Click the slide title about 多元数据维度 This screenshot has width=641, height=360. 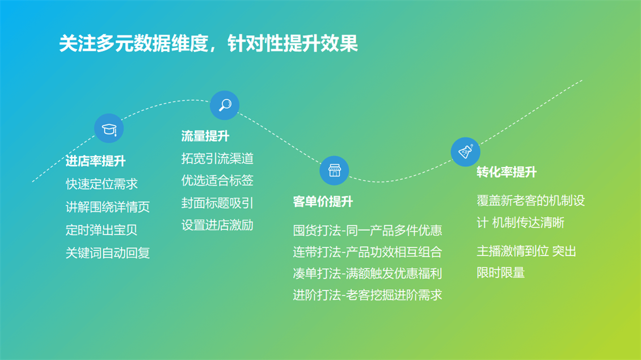pos(209,43)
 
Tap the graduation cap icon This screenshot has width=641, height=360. pos(109,129)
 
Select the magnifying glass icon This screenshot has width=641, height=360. pos(225,105)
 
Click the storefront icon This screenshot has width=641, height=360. pos(334,171)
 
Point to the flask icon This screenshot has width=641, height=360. pos(465,152)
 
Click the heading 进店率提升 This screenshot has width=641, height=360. pos(96,161)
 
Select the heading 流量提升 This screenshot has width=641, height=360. pos(205,136)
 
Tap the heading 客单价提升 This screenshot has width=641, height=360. pos(323,201)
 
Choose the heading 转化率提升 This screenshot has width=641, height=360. pos(507,172)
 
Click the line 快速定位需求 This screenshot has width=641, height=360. pos(102,184)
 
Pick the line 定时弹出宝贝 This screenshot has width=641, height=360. pos(102,230)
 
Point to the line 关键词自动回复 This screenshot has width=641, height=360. pos(108,253)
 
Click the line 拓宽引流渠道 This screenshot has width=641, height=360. pos(217,159)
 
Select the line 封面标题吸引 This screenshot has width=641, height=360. pos(217,203)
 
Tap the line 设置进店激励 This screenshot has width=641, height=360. pos(217,225)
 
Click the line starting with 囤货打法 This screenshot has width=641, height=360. pos(368,231)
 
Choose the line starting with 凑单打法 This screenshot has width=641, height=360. pos(368,273)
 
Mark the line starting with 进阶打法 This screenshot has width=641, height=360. pos(368,295)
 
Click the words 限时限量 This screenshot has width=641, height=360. pos(501,273)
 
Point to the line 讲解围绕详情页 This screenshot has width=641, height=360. pos(108,207)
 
